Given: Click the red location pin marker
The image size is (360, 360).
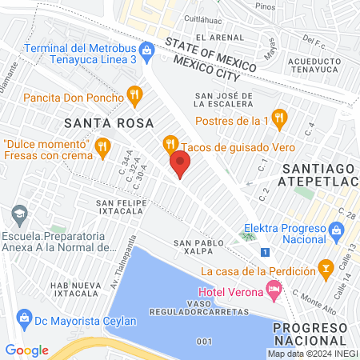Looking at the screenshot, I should tap(180, 166).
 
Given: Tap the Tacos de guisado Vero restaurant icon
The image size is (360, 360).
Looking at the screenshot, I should tap(170, 144).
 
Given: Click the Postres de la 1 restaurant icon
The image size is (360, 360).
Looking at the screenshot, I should tap(278, 118).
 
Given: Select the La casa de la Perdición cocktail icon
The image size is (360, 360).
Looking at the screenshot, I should tap(325, 266).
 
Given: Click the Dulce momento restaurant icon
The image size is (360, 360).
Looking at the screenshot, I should tap(102, 147).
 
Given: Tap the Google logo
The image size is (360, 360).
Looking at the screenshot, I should tap(27, 350).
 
